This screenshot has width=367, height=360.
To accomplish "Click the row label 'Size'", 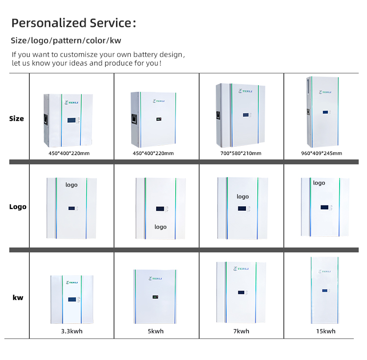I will pos(16,119).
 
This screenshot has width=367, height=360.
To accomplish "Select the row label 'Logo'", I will pos(18,206).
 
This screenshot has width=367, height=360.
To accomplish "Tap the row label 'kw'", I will pos(18,297).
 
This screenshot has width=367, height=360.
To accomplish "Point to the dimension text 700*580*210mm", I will pos(241,153).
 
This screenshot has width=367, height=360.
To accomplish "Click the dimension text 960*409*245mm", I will pos(321,153).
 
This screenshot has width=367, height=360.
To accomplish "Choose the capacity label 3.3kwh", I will pos(71,331).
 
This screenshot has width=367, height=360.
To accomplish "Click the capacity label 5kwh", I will pos(156,331).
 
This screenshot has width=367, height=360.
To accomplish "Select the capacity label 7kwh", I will pos(241,331).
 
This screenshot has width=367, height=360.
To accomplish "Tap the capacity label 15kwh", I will pos(325,331).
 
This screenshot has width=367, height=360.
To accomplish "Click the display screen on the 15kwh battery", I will pos(324,291).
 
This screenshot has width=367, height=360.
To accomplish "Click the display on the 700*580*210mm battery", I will pos(243,116).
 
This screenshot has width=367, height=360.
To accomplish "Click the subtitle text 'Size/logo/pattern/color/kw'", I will pos(66,41).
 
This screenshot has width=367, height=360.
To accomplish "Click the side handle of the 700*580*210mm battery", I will pos(216,117).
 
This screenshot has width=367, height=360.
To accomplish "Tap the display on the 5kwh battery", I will pos(156,297).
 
